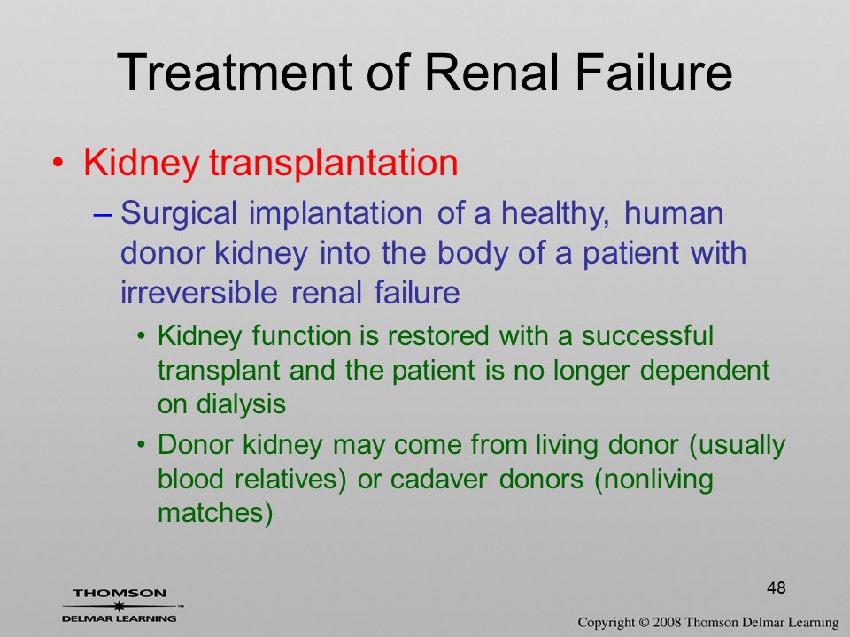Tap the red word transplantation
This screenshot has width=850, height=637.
click(x=334, y=162)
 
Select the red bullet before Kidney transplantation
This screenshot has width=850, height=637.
click(x=58, y=163)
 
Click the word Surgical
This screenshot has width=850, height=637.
click(x=179, y=214)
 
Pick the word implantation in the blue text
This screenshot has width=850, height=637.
click(x=336, y=214)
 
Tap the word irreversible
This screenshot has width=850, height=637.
click(x=199, y=293)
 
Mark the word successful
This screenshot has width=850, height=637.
click(x=647, y=335)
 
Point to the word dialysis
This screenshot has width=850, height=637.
click(x=241, y=404)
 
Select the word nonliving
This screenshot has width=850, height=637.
click(x=658, y=480)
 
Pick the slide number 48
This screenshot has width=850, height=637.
click(x=777, y=587)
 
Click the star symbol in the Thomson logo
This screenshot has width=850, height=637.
click(x=120, y=606)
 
